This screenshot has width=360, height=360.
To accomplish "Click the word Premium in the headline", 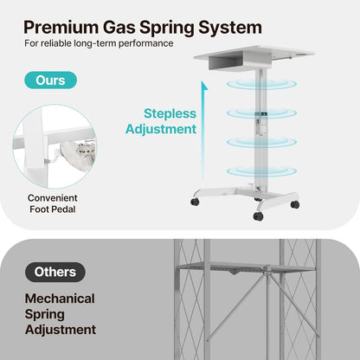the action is pyautogui.click(x=61, y=28).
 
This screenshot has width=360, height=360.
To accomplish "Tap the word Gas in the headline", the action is pyautogui.click(x=119, y=28).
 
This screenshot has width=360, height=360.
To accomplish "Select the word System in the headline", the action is pyautogui.click(x=230, y=28).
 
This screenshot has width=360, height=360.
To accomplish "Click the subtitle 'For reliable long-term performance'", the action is pyautogui.click(x=99, y=43).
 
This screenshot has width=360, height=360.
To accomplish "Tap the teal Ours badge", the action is pyautogui.click(x=50, y=80).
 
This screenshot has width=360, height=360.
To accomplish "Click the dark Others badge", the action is pyautogui.click(x=55, y=272).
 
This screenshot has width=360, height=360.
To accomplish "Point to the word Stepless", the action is pyautogui.click(x=170, y=113).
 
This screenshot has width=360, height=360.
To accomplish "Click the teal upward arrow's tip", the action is pyautogui.click(x=204, y=82).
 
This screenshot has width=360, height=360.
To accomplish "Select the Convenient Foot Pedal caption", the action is pyautogui.click(x=53, y=203).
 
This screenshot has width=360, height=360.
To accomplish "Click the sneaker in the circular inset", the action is pyautogui.click(x=77, y=150).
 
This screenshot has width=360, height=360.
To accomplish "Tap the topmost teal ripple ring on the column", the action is pyautogui.click(x=261, y=84).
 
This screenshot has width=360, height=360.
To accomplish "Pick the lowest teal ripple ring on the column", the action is pyautogui.click(x=261, y=171).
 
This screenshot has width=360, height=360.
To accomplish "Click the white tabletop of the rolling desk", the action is pyautogui.click(x=254, y=54).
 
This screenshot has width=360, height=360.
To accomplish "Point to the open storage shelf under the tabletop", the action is pyautogui.click(x=228, y=62).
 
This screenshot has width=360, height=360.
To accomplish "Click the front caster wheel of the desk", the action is pyautogui.click(x=258, y=216).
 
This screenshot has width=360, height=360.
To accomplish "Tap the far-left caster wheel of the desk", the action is pyautogui.click(x=195, y=202).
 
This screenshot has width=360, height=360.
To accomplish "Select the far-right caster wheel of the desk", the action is pyautogui.click(x=295, y=204).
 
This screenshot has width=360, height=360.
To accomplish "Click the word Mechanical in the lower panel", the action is pyautogui.click(x=60, y=299).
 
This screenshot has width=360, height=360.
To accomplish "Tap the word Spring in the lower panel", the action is pyautogui.click(x=44, y=315).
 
